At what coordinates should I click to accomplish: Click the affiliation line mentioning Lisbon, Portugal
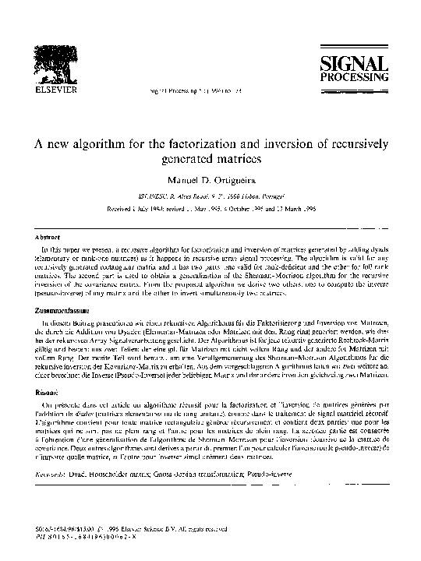[210, 199]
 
